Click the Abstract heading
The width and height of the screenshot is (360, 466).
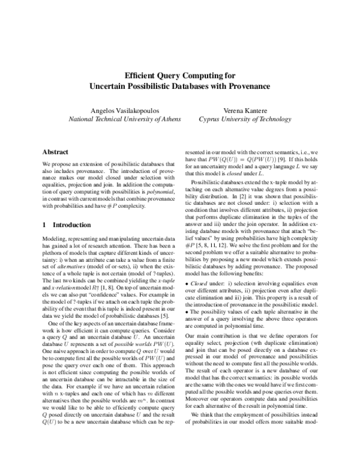(x=56, y=153)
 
